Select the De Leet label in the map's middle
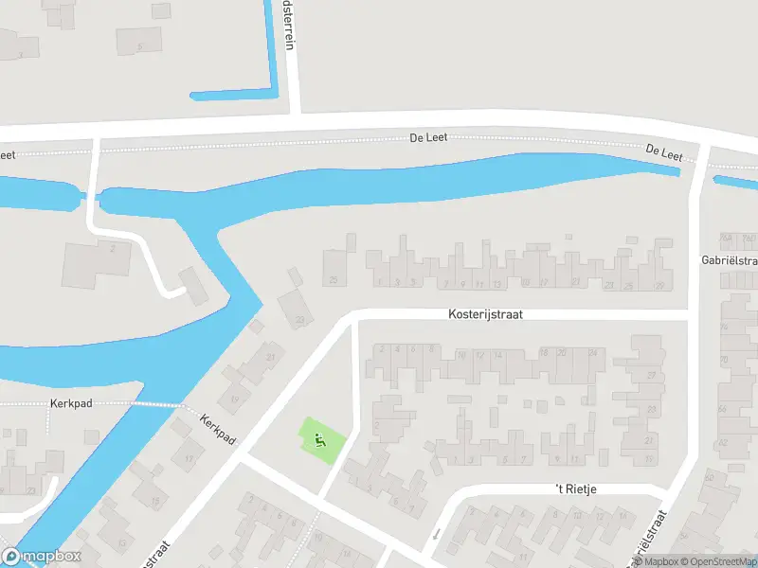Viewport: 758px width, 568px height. point(427,138)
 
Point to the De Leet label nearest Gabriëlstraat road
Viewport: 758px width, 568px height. point(664,152)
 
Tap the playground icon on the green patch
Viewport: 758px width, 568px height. point(319,439)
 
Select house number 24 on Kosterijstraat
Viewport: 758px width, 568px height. point(593,353)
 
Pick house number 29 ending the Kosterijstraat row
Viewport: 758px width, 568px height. point(659,285)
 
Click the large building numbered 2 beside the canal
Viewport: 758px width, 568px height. point(95,263)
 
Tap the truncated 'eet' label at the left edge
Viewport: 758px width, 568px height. point(8,154)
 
